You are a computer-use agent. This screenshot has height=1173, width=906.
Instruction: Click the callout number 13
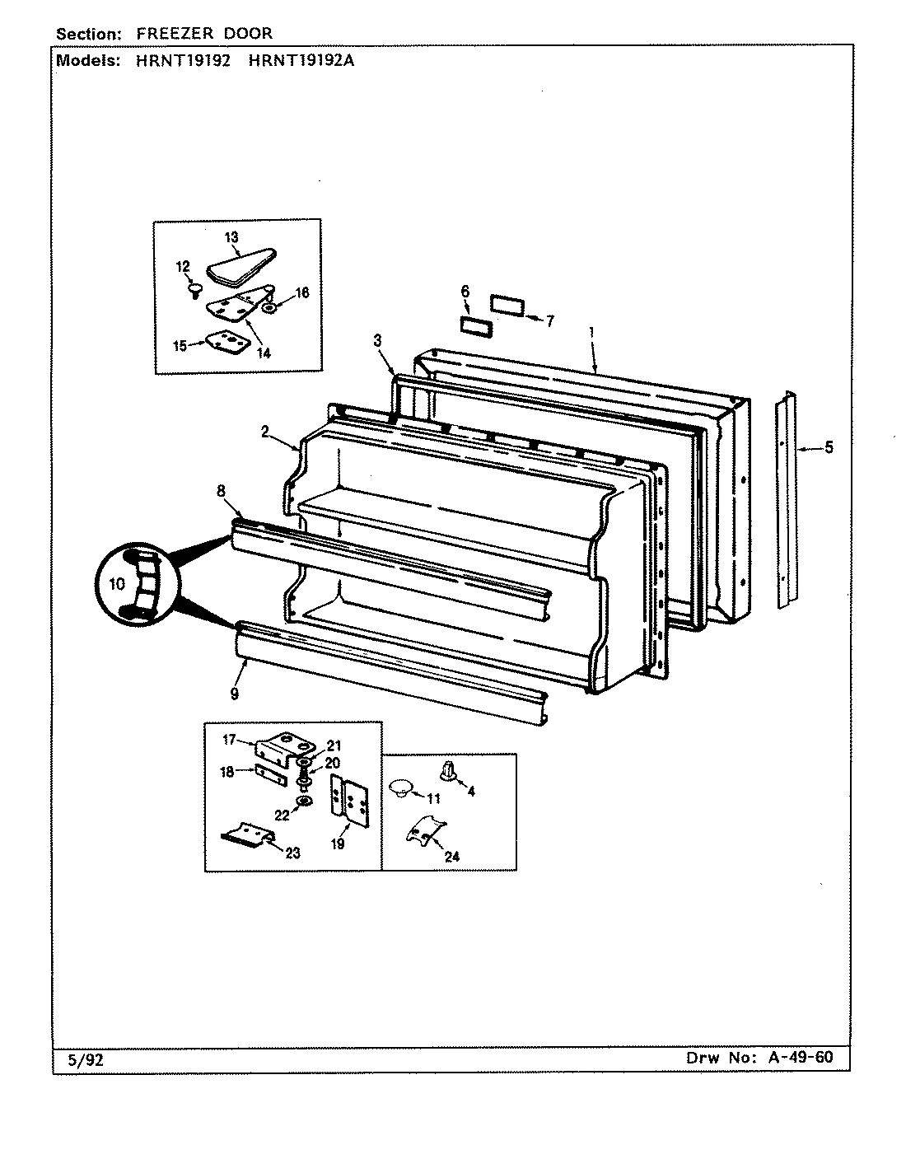(231, 237)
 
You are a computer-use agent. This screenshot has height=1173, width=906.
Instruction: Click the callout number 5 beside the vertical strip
(829, 448)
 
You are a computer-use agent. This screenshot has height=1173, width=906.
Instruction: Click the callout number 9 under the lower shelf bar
(235, 694)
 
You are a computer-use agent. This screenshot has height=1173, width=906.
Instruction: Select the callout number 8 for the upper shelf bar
(221, 492)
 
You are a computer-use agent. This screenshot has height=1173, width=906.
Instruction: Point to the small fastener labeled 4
(448, 771)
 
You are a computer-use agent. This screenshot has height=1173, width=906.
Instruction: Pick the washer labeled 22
(305, 801)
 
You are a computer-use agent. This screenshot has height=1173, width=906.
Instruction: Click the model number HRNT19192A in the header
(301, 59)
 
